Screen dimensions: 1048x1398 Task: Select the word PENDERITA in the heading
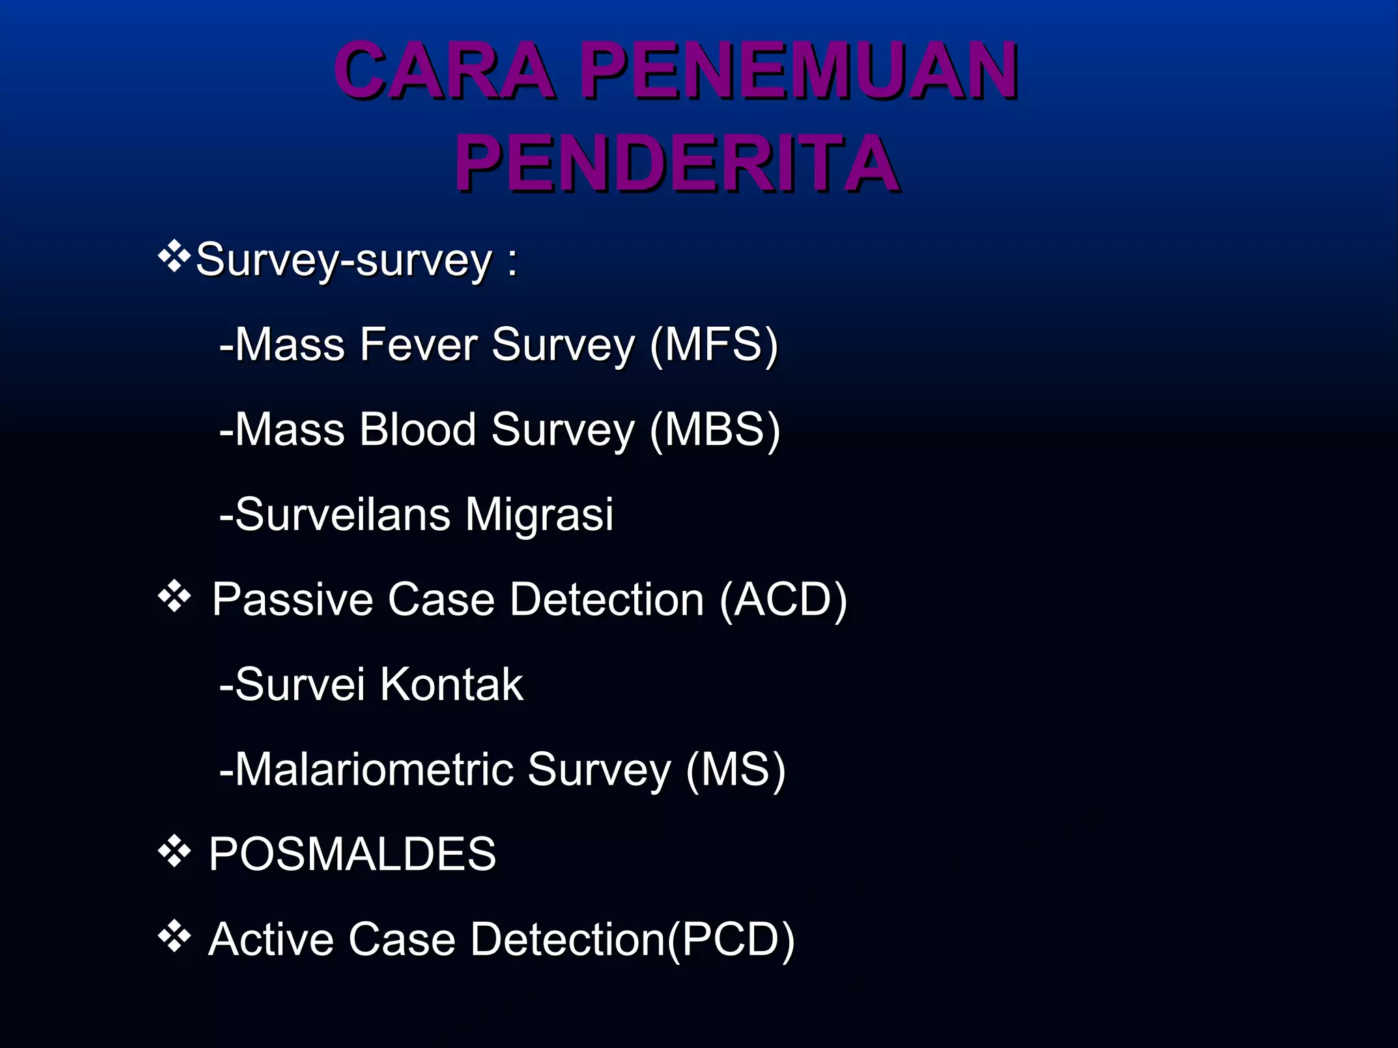coord(676,164)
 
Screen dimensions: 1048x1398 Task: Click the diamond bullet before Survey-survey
coord(174,257)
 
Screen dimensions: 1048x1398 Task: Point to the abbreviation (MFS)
coord(714,345)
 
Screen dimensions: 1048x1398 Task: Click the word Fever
coord(418,345)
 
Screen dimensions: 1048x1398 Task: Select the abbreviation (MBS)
coord(715,430)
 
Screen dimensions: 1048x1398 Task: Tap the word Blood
coord(417,430)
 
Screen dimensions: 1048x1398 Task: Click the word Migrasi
coord(539,514)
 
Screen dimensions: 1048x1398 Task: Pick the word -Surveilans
coord(334,514)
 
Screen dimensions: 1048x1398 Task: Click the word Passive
coord(293,600)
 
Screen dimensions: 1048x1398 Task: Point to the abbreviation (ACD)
coord(784,600)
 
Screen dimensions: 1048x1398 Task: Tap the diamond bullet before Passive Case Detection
coord(174,597)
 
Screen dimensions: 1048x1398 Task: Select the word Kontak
coord(451,684)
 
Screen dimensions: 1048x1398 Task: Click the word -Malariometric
coord(365,770)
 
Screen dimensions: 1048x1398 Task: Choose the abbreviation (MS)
coord(735,770)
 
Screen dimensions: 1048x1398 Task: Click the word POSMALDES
coord(352,854)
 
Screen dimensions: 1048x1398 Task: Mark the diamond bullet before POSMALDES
coord(174,851)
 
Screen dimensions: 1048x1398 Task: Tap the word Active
coord(270,940)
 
